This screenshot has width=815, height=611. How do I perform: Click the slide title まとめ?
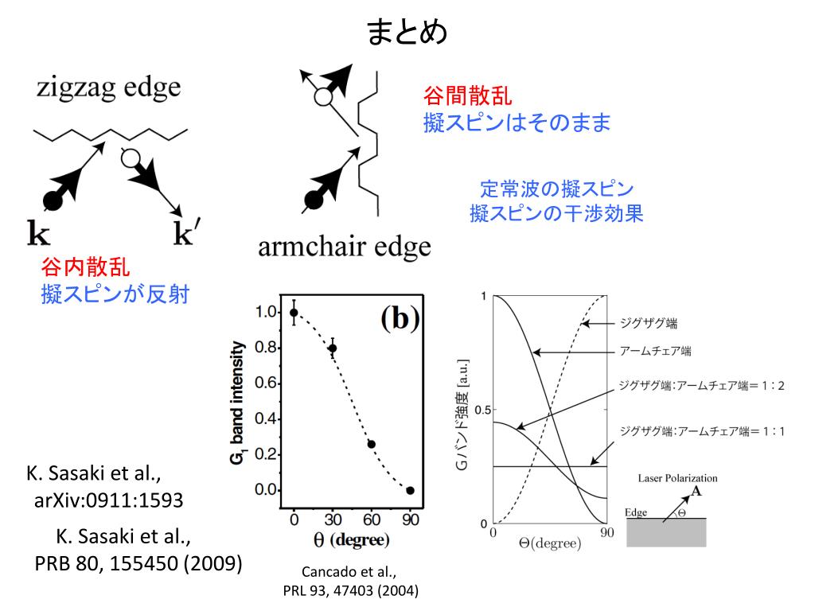coord(407,33)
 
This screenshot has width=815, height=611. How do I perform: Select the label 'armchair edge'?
coord(344,246)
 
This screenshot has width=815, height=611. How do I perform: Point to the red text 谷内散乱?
coord(85,267)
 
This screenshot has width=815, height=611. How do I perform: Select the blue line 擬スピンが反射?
coord(115,294)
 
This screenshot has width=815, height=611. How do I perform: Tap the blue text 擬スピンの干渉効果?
coord(556,214)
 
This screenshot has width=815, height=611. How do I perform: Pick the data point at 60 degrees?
coord(371,444)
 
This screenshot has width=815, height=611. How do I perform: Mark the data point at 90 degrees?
coord(410,490)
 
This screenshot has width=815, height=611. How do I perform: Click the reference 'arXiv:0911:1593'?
coord(109,500)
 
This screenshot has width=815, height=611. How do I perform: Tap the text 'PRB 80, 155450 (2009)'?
coord(138,563)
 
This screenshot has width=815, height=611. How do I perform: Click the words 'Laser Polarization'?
coord(677,478)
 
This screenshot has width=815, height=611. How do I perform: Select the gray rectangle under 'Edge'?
coord(666,532)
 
